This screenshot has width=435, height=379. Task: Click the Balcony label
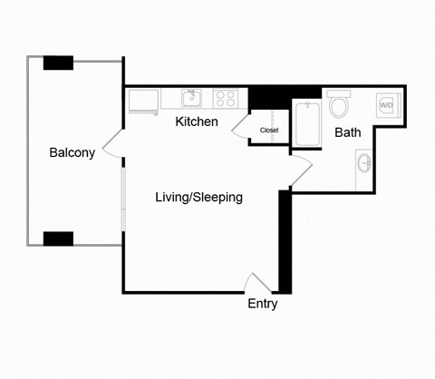coord(72,153)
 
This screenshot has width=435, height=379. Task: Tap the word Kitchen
coord(197,121)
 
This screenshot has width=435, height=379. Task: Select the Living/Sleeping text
coord(198,197)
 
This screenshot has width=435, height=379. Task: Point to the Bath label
coord(348,132)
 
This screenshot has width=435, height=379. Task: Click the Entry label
coord(263,304)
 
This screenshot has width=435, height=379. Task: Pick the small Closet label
coord(269,131)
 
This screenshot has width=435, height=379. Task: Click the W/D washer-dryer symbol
coord(387,105)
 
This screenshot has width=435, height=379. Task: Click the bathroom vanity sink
coord(364,164)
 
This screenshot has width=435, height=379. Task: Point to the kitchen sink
coord(191,98)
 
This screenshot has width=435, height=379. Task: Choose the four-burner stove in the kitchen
coord(226,98)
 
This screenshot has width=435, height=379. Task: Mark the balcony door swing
coord(112,143)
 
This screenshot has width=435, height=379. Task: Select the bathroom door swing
coord(303,167)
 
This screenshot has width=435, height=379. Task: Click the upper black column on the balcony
coord(58,63)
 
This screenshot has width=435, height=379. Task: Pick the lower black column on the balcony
coord(58,238)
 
